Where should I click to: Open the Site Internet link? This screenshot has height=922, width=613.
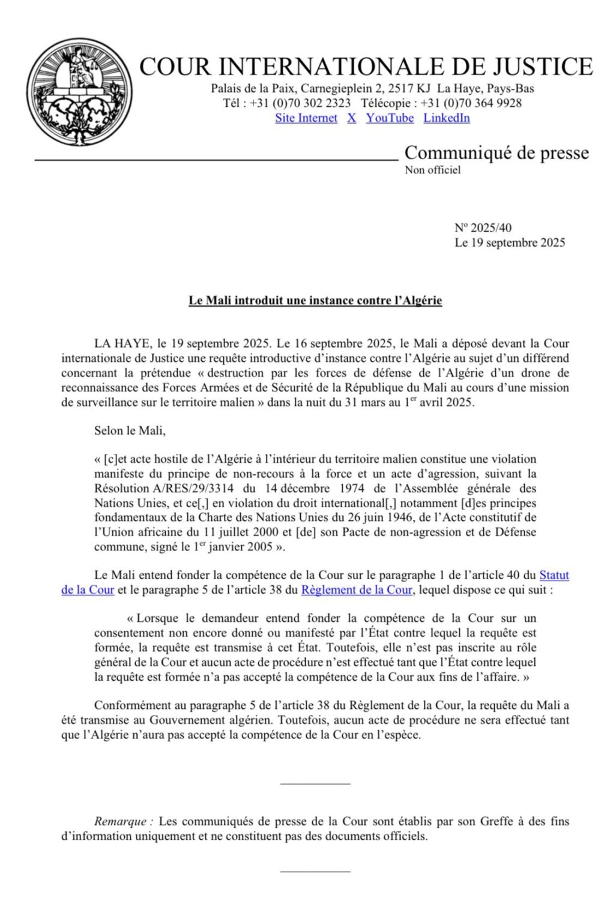coord(306,118)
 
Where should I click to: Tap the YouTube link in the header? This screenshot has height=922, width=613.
coord(390,118)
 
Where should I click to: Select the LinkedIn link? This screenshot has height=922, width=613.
coord(446,118)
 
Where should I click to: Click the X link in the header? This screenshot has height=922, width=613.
coord(351,118)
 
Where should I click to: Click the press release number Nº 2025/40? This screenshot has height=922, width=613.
coord(483,228)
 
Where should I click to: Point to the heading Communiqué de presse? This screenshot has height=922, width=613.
coord(497,153)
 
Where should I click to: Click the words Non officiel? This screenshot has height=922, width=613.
coord(432,170)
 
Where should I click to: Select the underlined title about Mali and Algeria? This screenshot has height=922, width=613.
coord(315,301)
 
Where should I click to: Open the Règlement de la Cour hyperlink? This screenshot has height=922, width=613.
coord(357,590)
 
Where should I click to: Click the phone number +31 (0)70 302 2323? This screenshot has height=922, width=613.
coord(300,103)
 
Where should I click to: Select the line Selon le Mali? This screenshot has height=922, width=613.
coord(130,431)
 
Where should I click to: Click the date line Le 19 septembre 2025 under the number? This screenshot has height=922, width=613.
coord(510,243)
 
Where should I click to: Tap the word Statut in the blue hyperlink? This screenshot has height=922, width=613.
coord(554,576)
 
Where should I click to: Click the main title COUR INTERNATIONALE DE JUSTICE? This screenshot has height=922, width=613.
coord(366,67)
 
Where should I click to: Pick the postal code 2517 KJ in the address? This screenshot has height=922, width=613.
coord(409,89)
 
